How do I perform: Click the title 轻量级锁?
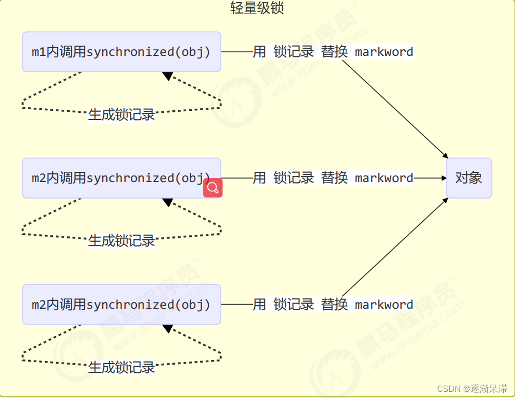click(257, 9)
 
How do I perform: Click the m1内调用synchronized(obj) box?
click(122, 52)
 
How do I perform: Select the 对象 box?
click(469, 178)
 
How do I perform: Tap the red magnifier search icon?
click(213, 188)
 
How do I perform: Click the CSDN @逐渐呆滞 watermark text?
click(467, 388)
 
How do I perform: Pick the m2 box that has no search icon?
click(122, 305)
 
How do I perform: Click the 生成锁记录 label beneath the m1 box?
click(122, 114)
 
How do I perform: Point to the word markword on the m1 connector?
click(384, 52)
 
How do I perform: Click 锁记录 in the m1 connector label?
click(293, 52)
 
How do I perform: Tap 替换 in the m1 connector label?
click(334, 52)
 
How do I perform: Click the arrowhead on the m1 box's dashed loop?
click(168, 76)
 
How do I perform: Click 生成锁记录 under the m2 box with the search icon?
click(122, 241)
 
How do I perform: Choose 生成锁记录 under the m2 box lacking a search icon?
click(122, 367)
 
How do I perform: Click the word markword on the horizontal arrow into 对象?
click(384, 178)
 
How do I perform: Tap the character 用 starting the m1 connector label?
click(260, 52)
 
